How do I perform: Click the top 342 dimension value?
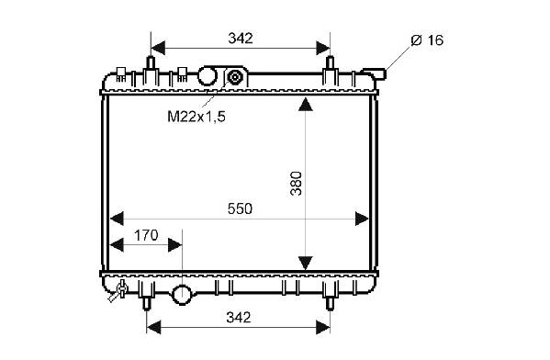241,38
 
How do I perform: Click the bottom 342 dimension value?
239,317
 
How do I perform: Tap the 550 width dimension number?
240,208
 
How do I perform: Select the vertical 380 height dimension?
296,183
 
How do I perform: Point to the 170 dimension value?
146,235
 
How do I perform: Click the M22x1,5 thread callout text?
196,117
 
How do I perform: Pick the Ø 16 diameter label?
427,40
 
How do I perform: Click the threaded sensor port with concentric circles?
234,77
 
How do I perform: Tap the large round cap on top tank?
208,76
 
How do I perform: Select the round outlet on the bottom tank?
182,295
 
